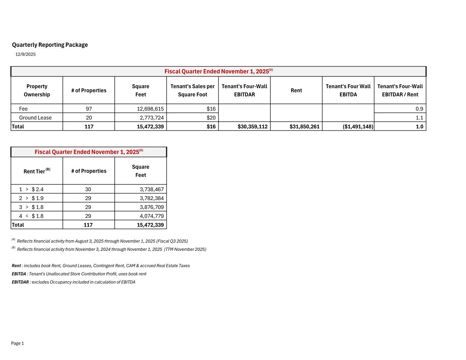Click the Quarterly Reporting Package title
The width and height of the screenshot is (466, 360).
coord(50,45)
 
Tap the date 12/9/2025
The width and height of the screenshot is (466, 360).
coord(26,54)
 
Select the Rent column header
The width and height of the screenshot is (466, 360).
coord(296,90)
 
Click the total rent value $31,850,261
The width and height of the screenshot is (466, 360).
coord(304,127)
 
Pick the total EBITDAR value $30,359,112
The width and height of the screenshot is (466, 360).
coord(252,127)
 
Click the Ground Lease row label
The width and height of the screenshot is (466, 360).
coord(36,118)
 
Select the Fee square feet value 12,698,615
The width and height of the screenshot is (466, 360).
coord(150,109)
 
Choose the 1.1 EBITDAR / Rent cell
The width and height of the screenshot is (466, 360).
coord(419,118)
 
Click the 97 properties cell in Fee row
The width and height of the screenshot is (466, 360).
coord(89,109)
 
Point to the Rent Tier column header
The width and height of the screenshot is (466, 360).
coord(37,171)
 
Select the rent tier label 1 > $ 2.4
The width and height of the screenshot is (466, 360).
coord(31,189)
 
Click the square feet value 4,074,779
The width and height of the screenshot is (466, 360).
coord(152,216)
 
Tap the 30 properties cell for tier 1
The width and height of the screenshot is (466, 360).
coord(88,189)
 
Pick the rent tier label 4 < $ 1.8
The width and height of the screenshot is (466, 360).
coord(31,216)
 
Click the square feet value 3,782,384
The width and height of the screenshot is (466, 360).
coord(152,198)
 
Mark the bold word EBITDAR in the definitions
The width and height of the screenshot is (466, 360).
coord(20,282)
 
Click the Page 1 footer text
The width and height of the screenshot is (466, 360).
coord(17,343)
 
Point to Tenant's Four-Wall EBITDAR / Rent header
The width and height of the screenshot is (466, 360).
coord(400,90)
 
